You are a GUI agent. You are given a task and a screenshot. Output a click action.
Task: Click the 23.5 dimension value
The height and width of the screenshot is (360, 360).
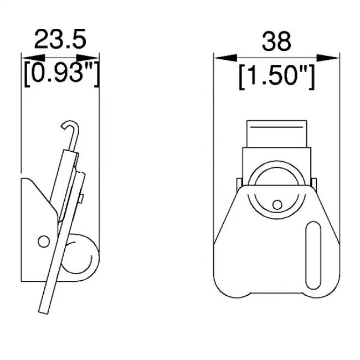click(60, 39)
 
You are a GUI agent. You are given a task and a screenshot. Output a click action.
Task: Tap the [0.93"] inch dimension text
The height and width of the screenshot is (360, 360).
click(61, 73)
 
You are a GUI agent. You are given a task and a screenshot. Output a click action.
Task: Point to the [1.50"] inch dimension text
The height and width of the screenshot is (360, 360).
click(276, 77)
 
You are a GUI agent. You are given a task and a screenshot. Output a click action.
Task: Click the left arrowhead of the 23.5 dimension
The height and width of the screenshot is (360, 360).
click(33, 58)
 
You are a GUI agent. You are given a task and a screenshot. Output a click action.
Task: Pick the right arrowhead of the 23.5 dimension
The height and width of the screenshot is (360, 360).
click(88, 58)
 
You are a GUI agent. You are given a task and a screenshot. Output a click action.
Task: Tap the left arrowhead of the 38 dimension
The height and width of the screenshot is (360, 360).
click(225, 58)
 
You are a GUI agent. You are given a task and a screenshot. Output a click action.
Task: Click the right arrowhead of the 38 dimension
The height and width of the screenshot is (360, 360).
click(328, 58)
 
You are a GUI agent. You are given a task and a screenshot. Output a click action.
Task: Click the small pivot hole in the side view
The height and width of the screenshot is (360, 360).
click(44, 241)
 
